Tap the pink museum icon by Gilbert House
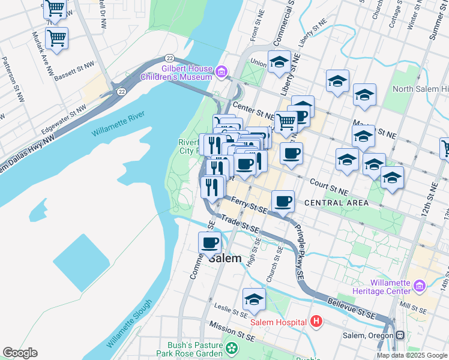[221, 73]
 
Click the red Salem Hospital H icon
[316, 322]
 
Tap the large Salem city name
[224, 258]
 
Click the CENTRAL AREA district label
[337, 203]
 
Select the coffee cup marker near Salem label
[209, 243]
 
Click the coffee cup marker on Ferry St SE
[283, 201]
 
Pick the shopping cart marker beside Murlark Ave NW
[56, 38]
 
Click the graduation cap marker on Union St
[279, 62]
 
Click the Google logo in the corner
[20, 353]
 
